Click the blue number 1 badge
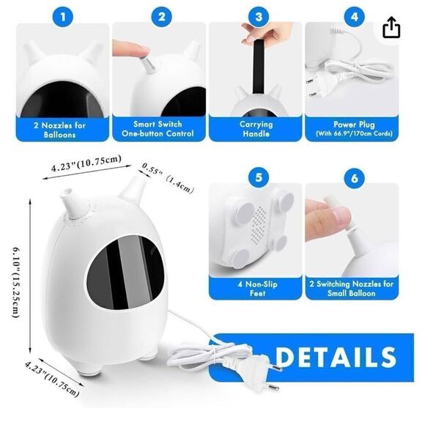tap(63, 17)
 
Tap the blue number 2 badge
tap(161, 17)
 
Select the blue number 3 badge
tap(259, 17)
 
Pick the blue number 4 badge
tap(355, 17)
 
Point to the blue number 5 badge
tap(259, 178)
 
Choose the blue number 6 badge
tap(355, 178)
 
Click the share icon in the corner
tap(391, 27)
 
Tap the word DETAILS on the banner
tap(336, 357)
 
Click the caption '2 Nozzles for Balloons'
tap(60, 130)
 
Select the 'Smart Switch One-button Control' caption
tap(158, 129)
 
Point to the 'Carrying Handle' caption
tap(256, 129)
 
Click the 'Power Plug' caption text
tap(354, 125)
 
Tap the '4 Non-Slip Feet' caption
tap(257, 289)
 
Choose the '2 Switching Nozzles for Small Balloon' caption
tap(352, 289)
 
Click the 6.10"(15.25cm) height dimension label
tap(16, 282)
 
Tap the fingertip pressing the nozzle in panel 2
tap(131, 48)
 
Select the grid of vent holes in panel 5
tap(259, 223)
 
